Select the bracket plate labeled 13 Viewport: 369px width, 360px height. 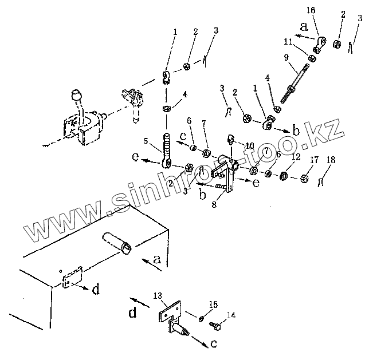pos(169,315)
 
